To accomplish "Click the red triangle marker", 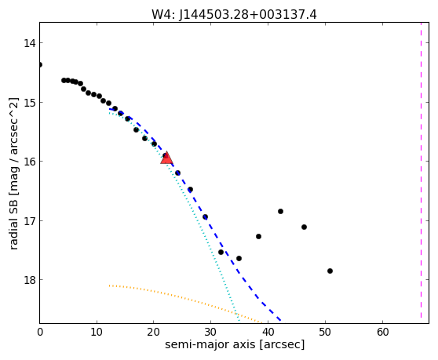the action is tap(166, 158).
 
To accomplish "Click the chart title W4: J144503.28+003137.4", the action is tap(234, 15).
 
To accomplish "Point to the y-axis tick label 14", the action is tap(29, 43).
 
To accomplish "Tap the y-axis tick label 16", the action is tap(29, 162).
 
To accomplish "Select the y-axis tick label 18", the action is tap(29, 280).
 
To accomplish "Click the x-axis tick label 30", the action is tap(210, 332).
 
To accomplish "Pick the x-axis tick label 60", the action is tap(382, 332).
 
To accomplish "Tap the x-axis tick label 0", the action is tap(40, 332).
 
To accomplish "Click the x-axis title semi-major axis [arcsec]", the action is tap(235, 344).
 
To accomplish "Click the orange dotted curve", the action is tap(184, 299).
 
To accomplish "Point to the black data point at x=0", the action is tap(40, 65).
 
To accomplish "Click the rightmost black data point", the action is tap(330, 271).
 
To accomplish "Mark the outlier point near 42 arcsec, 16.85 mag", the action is tap(280, 212).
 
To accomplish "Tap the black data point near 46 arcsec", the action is tap(305, 227).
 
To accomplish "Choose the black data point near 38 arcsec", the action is tap(258, 237).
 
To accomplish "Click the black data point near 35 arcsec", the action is tap(239, 259).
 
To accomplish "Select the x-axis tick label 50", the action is tap(325, 332).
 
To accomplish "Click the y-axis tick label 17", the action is tap(29, 221).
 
